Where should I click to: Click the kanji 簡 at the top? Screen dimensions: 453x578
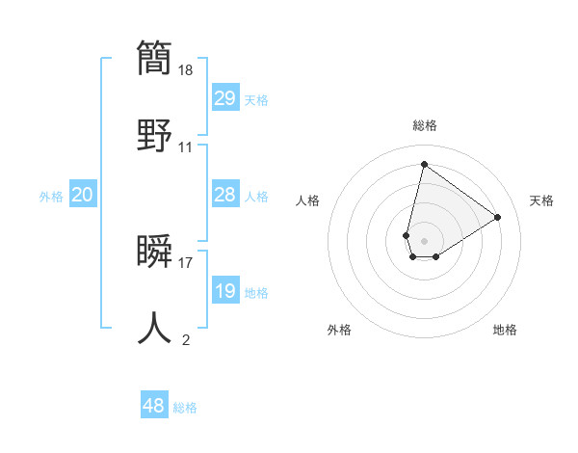pos(154,59)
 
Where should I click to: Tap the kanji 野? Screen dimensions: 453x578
pos(154,136)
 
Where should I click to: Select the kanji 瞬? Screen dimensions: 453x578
pos(154,252)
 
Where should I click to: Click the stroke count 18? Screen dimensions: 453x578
pos(187,70)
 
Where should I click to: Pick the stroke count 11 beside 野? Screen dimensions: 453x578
pos(186,147)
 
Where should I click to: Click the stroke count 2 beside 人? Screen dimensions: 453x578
pos(186,339)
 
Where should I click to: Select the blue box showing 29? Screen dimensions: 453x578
pos(224,97)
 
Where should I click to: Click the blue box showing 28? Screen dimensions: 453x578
pos(224,194)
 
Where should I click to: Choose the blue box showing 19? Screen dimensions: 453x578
pos(224,290)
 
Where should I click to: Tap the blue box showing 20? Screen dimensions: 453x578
pos(83,195)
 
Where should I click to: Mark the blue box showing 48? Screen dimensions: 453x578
pos(154,406)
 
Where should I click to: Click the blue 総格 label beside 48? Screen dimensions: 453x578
pos(185,408)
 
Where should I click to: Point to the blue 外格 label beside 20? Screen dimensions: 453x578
pos(51,197)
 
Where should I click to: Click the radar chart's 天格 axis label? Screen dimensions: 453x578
pos(542,200)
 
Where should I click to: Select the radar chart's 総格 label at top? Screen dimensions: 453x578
pos(425,125)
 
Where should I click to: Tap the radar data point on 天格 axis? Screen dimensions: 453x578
pos(497,217)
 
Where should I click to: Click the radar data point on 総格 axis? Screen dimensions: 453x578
pos(424,164)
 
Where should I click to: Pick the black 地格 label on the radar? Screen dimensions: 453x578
pos(505,330)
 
